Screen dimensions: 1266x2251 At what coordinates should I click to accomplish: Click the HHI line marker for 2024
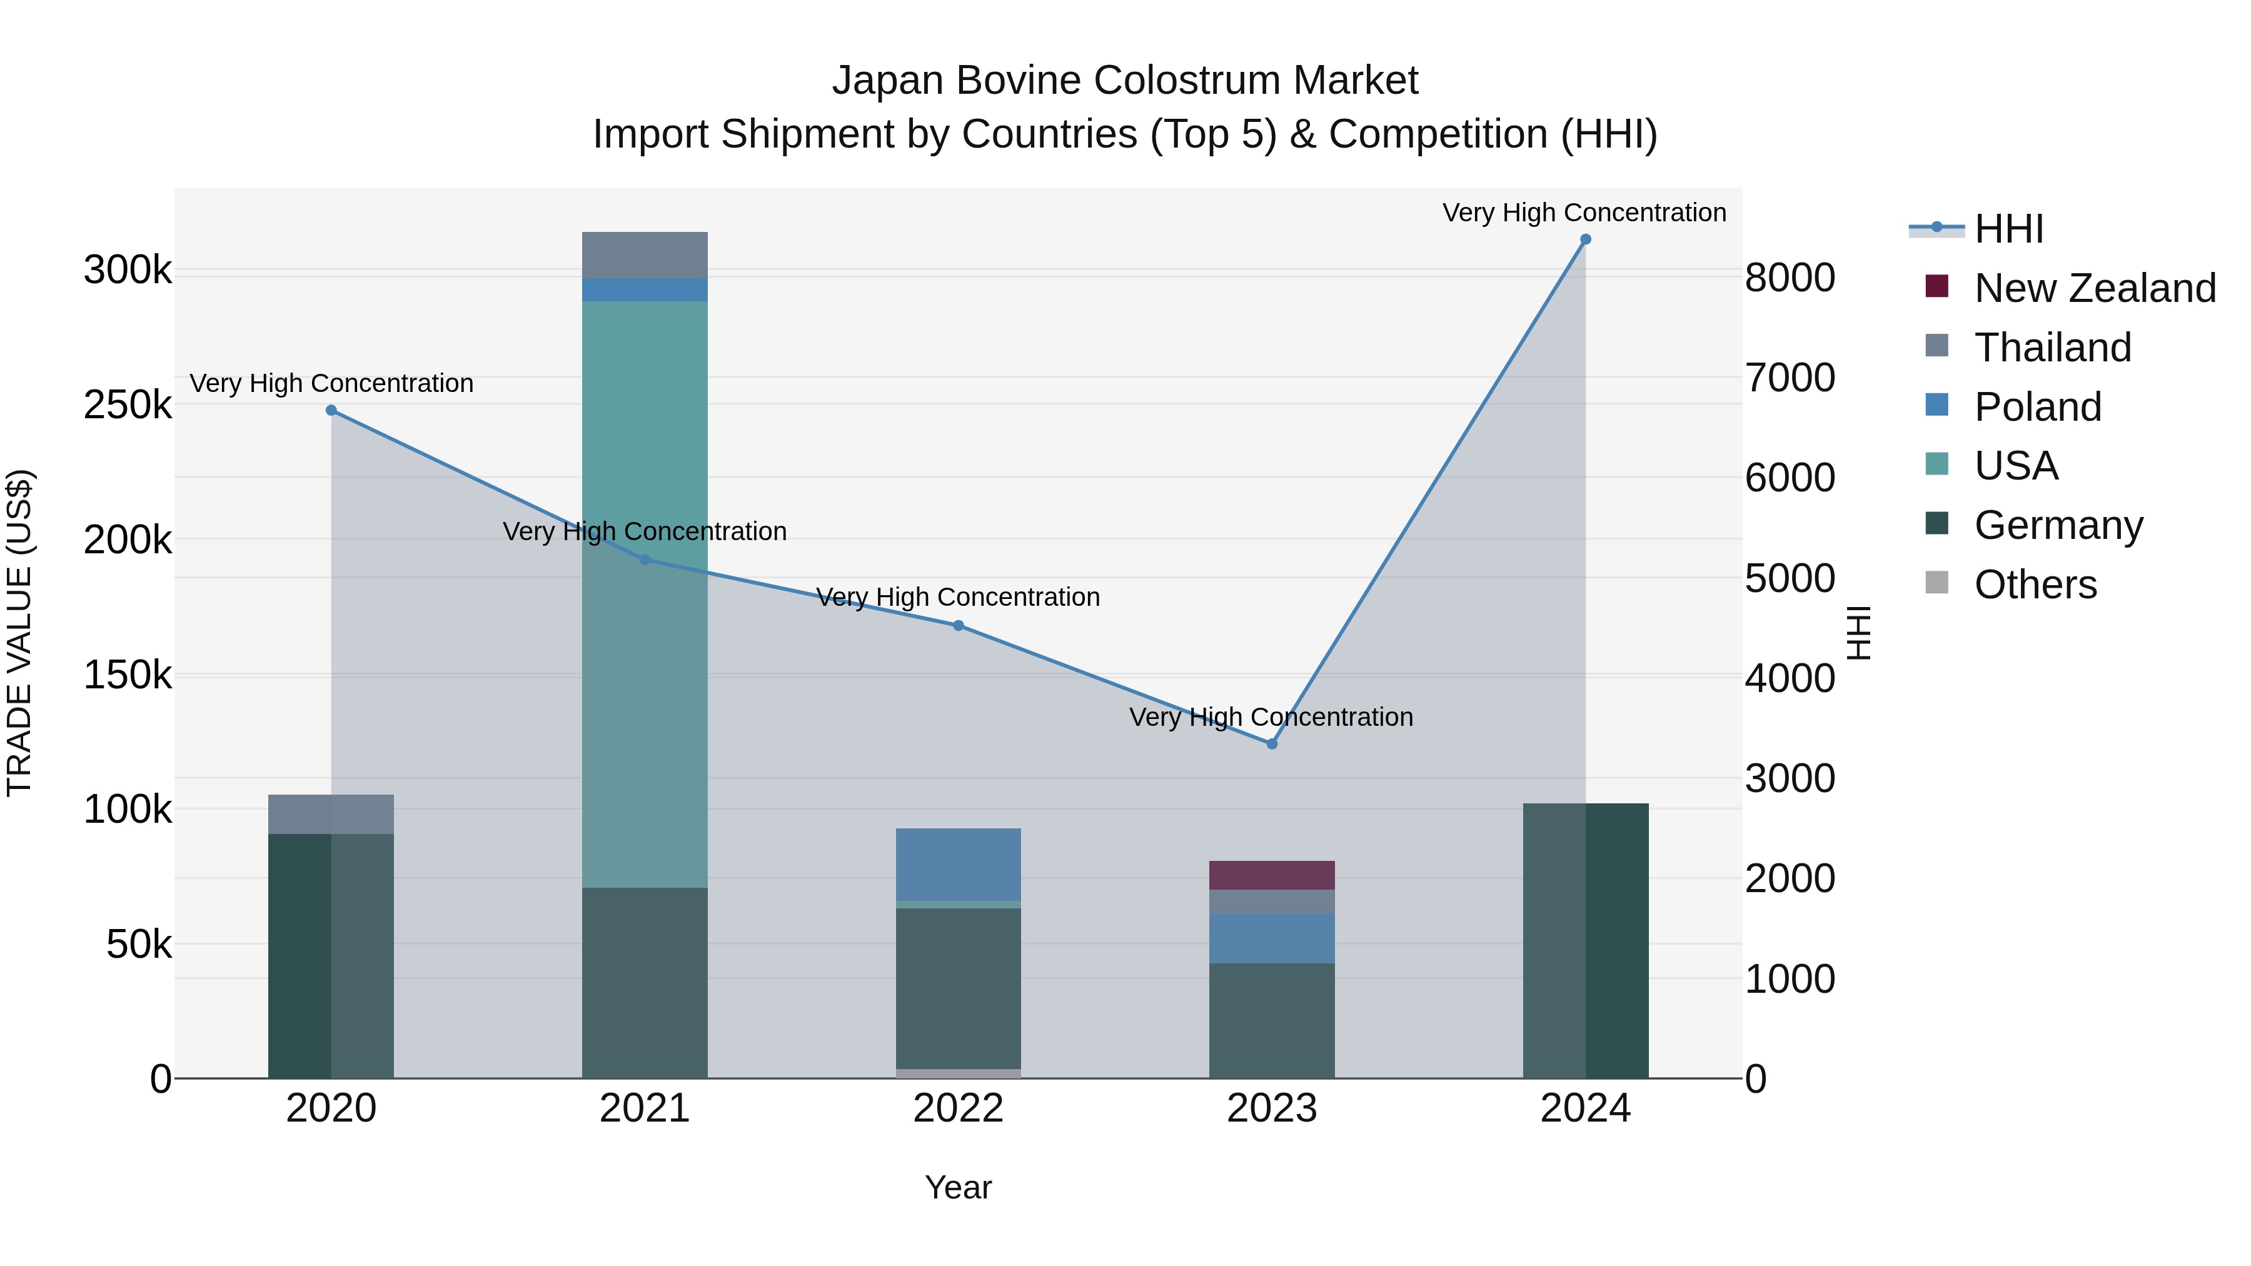click(1585, 239)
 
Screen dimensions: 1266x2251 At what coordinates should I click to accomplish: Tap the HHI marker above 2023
click(1271, 743)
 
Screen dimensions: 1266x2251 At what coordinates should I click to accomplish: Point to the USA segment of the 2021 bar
click(645, 594)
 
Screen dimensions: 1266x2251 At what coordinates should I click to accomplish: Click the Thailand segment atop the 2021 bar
click(645, 255)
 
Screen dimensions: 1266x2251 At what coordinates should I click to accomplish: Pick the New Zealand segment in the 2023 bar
click(1271, 875)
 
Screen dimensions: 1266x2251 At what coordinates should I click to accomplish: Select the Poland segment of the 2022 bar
click(958, 864)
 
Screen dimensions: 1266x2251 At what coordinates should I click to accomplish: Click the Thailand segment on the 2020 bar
click(331, 814)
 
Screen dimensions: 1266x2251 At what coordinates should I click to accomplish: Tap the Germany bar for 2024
click(1585, 940)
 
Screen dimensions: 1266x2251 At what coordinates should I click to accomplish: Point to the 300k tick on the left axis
click(128, 270)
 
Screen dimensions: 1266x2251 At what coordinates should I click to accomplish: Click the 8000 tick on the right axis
click(1790, 278)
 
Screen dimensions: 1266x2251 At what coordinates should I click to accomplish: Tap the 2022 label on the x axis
click(958, 1108)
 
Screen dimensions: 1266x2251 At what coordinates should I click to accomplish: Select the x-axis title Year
click(958, 1187)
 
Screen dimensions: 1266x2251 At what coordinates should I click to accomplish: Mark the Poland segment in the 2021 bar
click(645, 289)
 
